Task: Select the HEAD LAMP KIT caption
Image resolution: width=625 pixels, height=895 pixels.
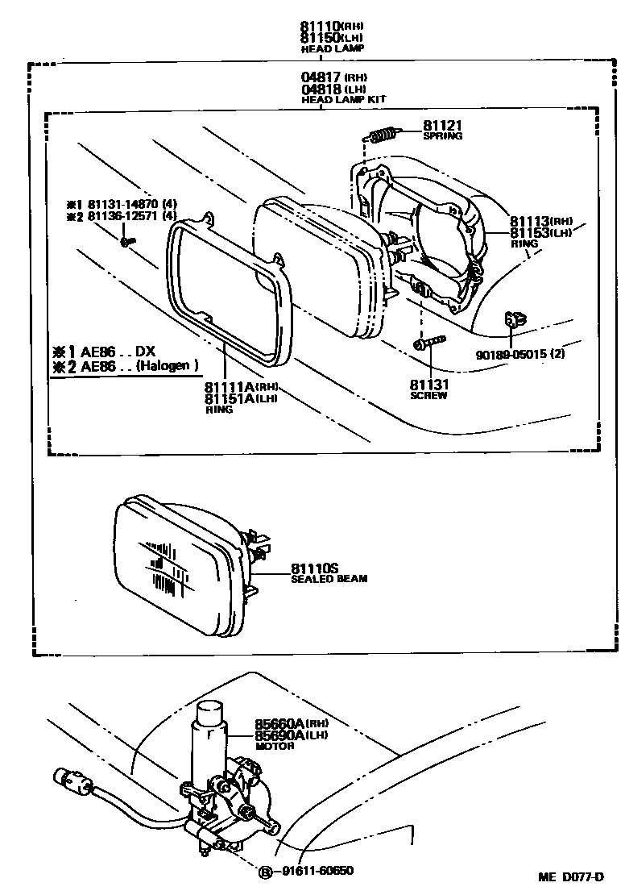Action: coord(343,99)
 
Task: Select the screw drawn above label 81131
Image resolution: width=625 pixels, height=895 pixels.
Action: coord(426,344)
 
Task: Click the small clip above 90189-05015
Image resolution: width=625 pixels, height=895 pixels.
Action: coord(513,321)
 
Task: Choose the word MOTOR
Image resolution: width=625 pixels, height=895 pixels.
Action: coord(274,747)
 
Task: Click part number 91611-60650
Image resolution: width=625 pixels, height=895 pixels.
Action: coord(317,870)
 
